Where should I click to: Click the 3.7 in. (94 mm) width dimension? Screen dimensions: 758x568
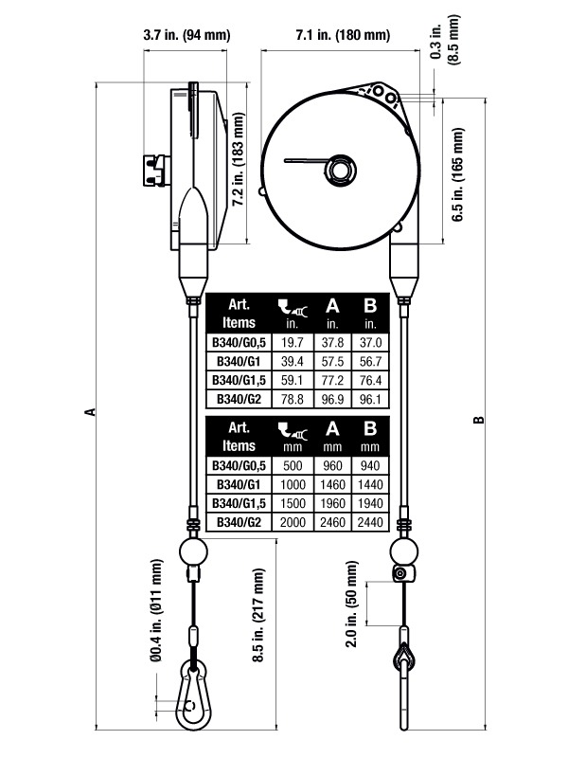click(186, 35)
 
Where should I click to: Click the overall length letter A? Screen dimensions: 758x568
click(90, 411)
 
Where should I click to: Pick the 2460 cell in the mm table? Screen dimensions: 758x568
click(331, 522)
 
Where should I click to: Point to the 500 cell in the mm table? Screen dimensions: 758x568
click(293, 468)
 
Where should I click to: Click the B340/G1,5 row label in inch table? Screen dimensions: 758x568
click(235, 380)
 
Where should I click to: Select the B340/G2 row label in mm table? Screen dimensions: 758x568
click(235, 522)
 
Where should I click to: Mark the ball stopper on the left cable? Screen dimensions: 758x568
click(194, 550)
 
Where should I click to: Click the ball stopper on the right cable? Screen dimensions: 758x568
click(404, 550)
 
